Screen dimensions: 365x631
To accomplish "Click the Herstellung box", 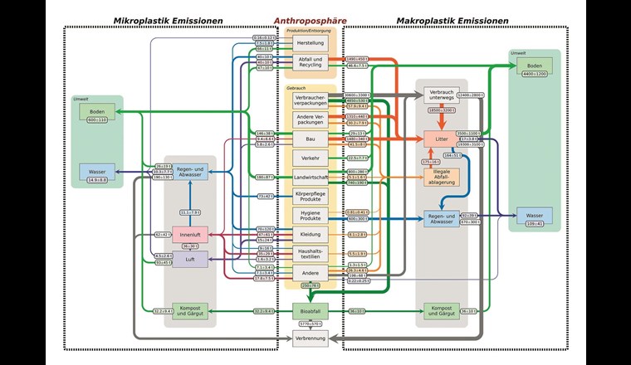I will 310,42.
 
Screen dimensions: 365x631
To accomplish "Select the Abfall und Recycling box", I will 310,63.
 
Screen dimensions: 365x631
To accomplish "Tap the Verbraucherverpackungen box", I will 310,100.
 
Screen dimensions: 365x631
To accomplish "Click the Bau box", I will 310,139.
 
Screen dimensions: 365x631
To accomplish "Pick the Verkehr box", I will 310,158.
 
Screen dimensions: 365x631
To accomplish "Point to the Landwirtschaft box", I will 310,177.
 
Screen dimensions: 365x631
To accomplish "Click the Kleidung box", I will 310,235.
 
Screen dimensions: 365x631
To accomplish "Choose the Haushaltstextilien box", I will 310,253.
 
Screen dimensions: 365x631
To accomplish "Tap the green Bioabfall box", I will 310,312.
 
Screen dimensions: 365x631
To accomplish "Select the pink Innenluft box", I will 190,235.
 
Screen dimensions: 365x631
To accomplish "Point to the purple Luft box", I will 190,260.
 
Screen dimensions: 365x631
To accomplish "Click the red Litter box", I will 441,139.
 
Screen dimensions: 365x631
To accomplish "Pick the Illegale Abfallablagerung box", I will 441,177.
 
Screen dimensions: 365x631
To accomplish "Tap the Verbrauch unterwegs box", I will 441,95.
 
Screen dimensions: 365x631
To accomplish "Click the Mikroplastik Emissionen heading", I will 170,19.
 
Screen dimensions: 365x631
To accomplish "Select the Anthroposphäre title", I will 310,19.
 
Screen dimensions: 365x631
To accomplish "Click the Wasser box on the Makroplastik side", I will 534,218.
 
